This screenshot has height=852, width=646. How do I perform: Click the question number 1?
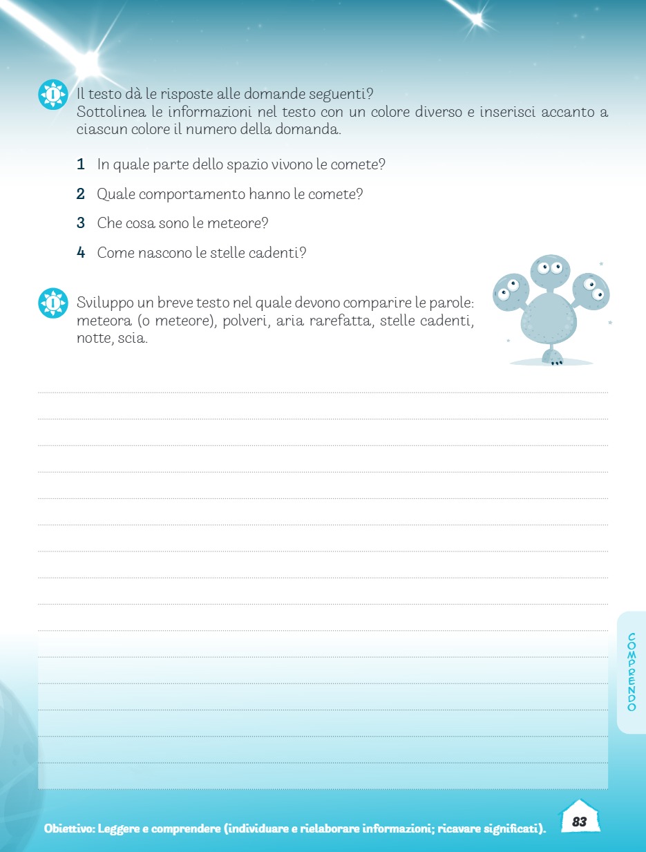click(81, 165)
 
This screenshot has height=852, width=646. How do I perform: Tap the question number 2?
click(81, 194)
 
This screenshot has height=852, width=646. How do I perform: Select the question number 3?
click(81, 223)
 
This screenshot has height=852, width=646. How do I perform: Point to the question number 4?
click(81, 253)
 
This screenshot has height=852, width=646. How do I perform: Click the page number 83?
click(579, 822)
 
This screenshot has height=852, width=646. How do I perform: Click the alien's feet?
click(553, 357)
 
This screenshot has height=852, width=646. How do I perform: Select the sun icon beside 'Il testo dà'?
click(53, 94)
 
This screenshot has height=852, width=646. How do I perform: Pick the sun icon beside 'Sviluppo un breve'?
click(53, 303)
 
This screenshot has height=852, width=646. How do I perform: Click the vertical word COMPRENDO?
click(632, 672)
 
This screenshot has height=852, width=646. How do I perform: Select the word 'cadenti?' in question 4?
click(281, 253)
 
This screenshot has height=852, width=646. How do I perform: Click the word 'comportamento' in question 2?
click(182, 194)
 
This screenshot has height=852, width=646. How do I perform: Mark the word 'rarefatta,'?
click(339, 321)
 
